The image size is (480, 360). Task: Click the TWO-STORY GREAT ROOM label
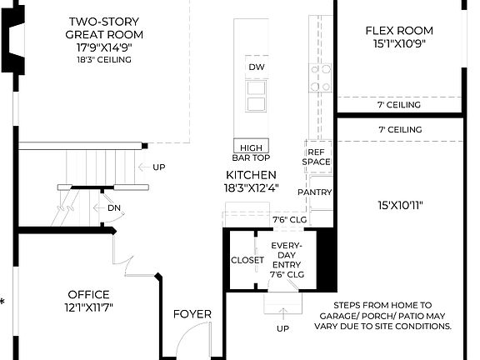(104, 27)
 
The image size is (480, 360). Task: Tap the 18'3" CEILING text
(105, 61)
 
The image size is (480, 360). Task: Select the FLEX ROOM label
(399, 31)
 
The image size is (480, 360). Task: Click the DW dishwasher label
(256, 67)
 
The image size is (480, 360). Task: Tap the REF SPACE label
(317, 157)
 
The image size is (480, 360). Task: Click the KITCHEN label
(250, 175)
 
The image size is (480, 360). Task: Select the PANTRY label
(314, 192)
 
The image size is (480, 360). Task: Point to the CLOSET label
(247, 260)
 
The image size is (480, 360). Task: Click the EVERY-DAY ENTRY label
(287, 259)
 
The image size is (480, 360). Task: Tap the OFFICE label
(89, 294)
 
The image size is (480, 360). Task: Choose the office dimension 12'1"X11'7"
(89, 308)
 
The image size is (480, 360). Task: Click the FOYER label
(192, 314)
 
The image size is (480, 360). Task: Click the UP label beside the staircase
(158, 167)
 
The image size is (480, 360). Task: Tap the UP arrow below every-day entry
(282, 312)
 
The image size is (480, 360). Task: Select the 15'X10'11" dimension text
(398, 205)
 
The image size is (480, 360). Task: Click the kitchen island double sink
(256, 96)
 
